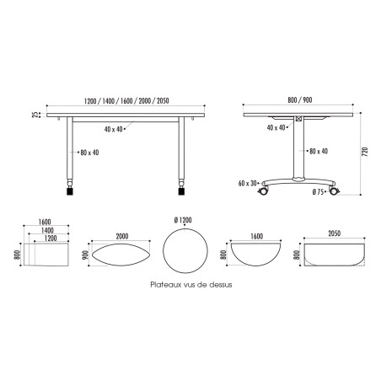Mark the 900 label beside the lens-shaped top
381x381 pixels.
pos(83,255)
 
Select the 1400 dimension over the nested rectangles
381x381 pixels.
pos(49,230)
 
